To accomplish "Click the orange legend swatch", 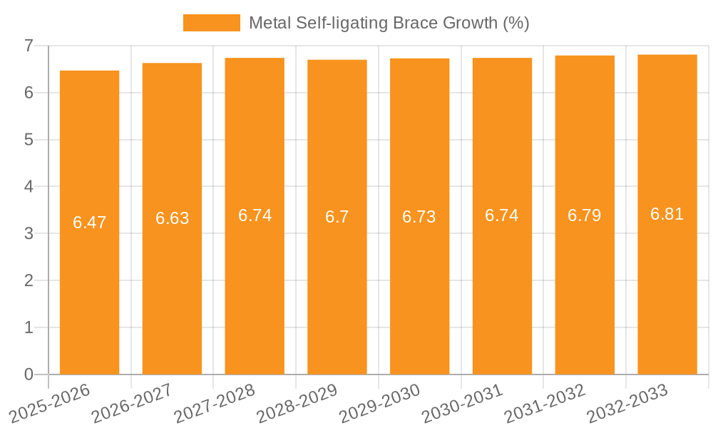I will click(x=212, y=23).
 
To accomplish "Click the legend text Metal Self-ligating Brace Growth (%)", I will click(x=389, y=23).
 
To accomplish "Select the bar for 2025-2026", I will click(x=89, y=223).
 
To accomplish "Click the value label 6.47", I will click(x=89, y=223).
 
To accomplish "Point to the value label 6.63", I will click(x=172, y=218).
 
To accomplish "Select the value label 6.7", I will click(x=337, y=217).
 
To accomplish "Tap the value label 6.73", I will click(x=419, y=217).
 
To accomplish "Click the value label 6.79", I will click(x=585, y=215).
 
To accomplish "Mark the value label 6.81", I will click(x=667, y=214).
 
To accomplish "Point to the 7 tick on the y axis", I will click(x=29, y=46).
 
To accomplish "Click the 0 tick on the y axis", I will click(x=29, y=374).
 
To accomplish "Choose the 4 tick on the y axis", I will click(x=29, y=187).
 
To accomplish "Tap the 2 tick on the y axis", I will click(x=29, y=280).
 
